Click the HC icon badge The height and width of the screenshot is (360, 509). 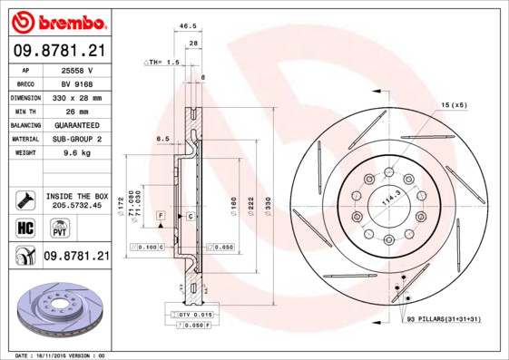pos(25,227)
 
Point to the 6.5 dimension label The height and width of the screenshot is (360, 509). pos(163,139)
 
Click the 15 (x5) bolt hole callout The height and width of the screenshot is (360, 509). pos(454,105)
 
